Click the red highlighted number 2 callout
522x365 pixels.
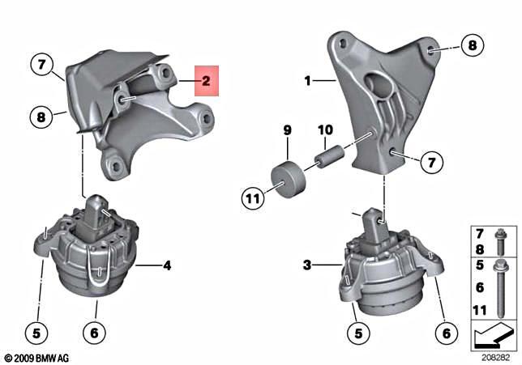click(x=206, y=80)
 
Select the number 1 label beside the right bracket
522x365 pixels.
click(x=308, y=81)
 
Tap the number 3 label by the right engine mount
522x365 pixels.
click(x=307, y=264)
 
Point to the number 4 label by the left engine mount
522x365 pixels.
click(x=167, y=264)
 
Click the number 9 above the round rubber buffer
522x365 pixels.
click(x=287, y=130)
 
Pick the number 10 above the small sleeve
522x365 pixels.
click(x=324, y=130)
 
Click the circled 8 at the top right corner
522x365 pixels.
click(x=473, y=45)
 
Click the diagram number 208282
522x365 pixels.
click(x=494, y=356)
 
